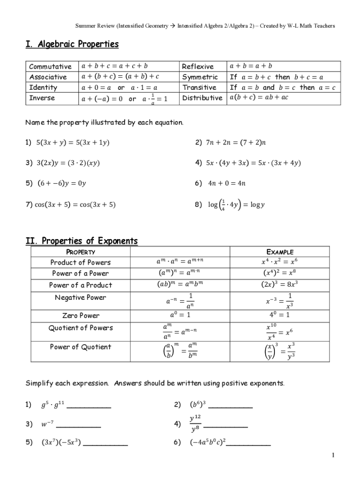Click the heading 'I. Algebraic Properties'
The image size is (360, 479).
click(72, 44)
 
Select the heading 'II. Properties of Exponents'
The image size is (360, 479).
click(81, 241)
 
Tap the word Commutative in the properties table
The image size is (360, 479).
click(50, 66)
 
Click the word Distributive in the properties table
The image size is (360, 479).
click(202, 98)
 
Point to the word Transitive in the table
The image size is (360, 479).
click(199, 87)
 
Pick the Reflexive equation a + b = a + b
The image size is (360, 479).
click(251, 66)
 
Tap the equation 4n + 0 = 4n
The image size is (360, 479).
click(227, 183)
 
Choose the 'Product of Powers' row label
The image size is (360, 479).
click(80, 262)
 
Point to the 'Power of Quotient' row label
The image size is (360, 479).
click(80, 347)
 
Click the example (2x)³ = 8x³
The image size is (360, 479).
click(280, 284)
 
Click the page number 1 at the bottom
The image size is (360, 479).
click(332, 455)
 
